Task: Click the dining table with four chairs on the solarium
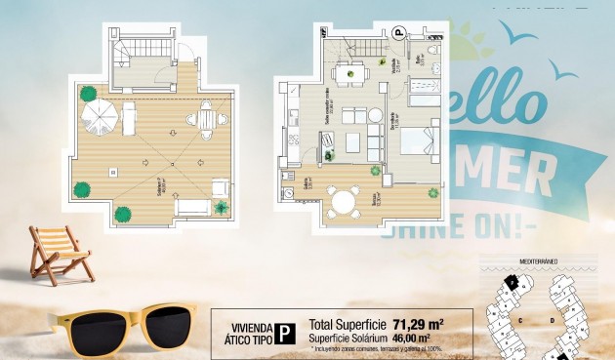coord(207,119)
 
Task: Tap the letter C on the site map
coord(521,318)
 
